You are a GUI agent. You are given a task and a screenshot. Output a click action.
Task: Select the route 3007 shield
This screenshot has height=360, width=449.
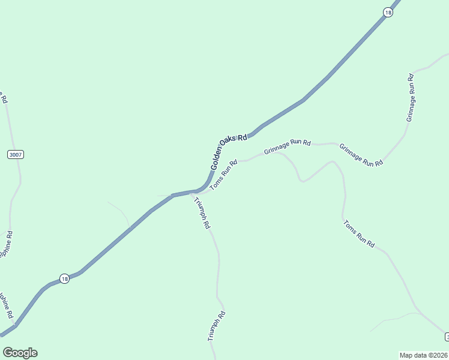coord(16,155)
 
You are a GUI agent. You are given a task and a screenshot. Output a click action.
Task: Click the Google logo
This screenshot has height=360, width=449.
coord(20,353)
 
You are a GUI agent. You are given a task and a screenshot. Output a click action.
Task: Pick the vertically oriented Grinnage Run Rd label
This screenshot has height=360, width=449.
coord(411,97)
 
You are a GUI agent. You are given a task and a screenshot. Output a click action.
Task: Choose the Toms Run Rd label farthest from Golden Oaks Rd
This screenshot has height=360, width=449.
coord(359,235)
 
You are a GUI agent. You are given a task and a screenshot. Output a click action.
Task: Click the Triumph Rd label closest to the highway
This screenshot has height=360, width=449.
coord(201,212)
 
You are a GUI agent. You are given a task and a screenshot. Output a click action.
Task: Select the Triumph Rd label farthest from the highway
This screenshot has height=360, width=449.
coord(216,326)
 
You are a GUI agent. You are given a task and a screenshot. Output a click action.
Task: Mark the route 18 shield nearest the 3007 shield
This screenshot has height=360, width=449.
coord(64,278)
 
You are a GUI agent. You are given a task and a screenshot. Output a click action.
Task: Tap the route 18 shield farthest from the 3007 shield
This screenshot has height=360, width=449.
coord(388,13)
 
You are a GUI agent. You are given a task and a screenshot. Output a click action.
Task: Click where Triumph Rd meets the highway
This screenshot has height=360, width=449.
coord(191,193)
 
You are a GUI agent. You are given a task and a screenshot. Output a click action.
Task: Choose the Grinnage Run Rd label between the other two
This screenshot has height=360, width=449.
coord(361,155)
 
